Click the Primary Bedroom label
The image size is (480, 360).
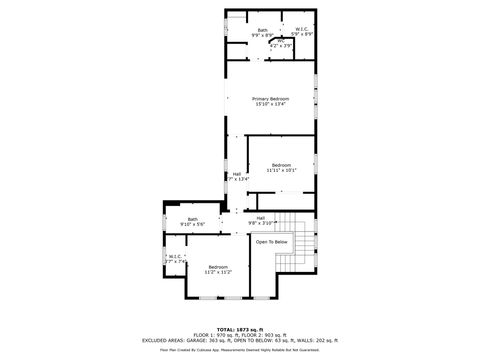coord(271,98)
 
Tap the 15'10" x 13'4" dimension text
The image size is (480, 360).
coord(271,104)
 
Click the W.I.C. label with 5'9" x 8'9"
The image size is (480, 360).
coord(300,29)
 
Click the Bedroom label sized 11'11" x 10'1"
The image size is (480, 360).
coord(281,164)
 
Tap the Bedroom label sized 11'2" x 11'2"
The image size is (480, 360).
coord(218,266)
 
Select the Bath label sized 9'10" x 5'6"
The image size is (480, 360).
coord(192,219)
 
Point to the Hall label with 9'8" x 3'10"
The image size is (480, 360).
coord(260,217)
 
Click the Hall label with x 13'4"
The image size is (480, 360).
coord(237,173)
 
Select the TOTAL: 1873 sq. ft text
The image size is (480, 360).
coord(239,328)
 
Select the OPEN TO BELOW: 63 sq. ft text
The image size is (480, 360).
coord(264,340)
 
